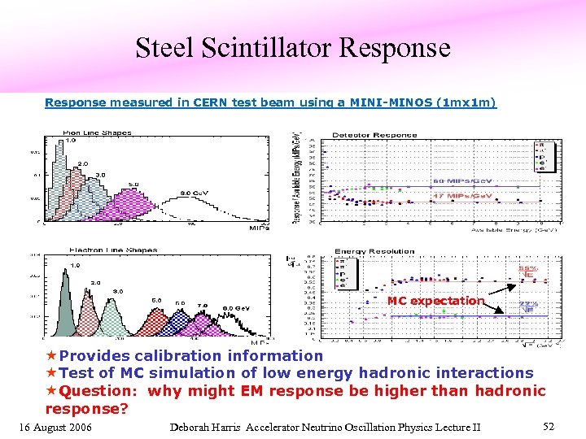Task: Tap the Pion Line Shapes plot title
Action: click(x=97, y=133)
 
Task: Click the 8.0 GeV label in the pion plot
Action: click(x=195, y=193)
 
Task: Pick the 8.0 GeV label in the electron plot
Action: click(x=237, y=308)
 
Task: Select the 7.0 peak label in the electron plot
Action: click(x=201, y=306)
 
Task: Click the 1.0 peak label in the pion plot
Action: click(x=71, y=140)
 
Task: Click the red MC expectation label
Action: click(x=435, y=301)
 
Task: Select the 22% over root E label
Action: click(x=527, y=306)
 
